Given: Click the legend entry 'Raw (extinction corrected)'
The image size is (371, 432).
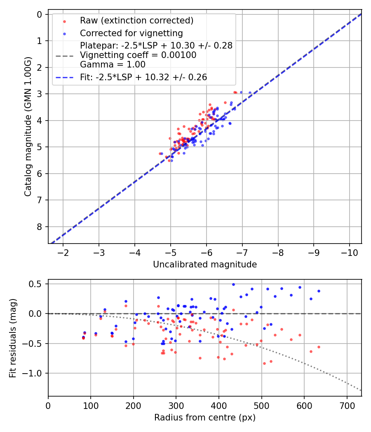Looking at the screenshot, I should (136, 21).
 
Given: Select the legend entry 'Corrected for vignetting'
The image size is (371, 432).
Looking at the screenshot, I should (131, 33).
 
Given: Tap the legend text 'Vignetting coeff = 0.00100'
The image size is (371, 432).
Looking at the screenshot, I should (138, 55).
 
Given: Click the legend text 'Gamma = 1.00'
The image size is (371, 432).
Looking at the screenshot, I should (113, 64).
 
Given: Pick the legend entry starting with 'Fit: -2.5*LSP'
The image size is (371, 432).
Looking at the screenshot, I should (143, 77).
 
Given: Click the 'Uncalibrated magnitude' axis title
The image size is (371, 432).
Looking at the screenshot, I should (205, 265).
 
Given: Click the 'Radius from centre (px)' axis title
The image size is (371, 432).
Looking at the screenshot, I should (205, 418).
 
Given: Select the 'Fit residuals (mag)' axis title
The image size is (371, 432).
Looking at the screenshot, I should (13, 338).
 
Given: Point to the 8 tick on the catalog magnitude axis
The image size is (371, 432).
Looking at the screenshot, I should (40, 227).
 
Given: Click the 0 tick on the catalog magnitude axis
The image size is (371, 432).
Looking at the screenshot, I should (40, 14).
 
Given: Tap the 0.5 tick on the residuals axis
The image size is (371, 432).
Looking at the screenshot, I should (36, 284).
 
